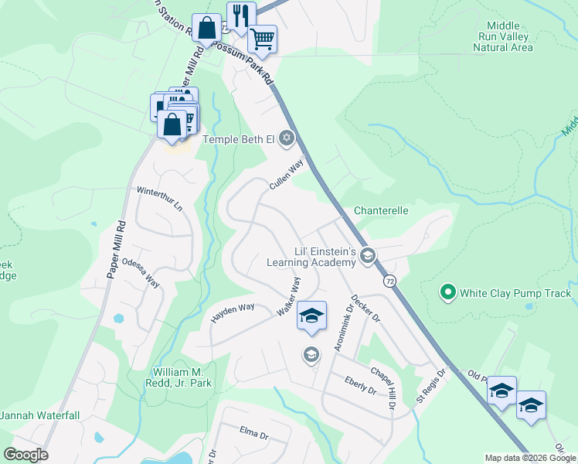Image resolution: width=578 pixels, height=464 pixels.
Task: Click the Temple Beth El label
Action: [239, 139]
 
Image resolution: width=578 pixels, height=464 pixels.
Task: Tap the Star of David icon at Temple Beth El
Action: [287, 138]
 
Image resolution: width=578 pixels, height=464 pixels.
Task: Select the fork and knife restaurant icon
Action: [241, 15]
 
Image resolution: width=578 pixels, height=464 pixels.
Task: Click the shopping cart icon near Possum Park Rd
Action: [263, 38]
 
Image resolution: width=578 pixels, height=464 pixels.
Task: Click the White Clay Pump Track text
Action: [515, 293]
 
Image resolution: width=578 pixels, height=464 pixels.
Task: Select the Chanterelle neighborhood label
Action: [381, 210]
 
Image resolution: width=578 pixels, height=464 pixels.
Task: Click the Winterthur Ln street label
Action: [158, 199]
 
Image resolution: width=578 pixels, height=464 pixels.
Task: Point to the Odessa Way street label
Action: [141, 272]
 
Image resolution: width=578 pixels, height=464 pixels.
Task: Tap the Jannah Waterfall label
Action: [39, 415]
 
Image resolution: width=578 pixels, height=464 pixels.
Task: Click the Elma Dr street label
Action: [253, 435]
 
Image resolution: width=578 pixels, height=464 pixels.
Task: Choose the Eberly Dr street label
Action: [360, 385]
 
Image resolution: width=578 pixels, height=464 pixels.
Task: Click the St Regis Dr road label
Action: [430, 384]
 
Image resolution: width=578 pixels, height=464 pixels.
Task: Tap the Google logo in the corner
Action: [26, 454]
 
